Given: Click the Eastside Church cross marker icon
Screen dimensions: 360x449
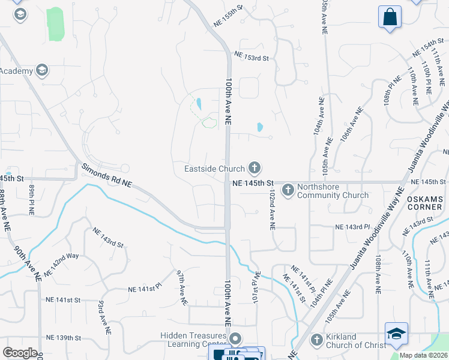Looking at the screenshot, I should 255,167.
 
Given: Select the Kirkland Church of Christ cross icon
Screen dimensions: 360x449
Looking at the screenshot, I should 316,340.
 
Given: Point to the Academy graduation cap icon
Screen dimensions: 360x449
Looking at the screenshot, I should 42,71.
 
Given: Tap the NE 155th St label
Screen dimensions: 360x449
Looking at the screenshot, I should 227,17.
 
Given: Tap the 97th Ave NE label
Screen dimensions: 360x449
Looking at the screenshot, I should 182,287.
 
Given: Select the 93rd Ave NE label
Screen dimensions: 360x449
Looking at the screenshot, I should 104,317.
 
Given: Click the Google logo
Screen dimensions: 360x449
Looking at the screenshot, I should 20,353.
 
